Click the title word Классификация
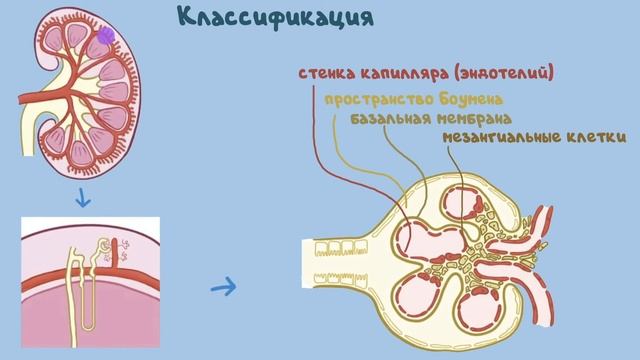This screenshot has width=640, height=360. click(x=262, y=18)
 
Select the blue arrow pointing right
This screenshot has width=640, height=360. click(x=224, y=289)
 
